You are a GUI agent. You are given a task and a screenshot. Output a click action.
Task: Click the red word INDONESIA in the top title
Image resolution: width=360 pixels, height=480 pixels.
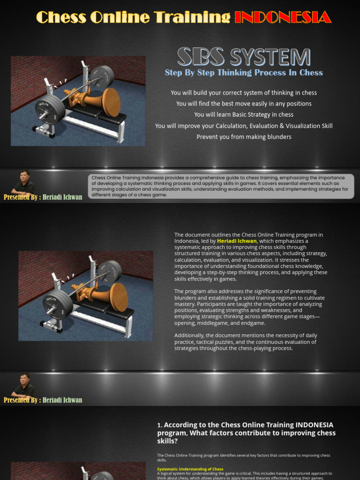coord(283,17)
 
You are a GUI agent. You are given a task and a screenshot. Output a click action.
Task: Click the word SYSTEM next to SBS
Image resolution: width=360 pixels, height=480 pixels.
coord(270,57)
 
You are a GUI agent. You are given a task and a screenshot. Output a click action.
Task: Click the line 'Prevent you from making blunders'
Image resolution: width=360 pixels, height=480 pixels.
coord(244,137)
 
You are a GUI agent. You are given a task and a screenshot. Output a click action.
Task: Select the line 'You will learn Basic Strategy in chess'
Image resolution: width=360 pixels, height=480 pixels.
coord(244,115)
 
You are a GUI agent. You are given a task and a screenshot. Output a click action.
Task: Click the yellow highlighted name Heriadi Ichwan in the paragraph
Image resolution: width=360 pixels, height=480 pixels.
coord(237,241)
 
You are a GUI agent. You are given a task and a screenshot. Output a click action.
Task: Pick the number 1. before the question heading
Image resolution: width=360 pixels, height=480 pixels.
coord(160,426)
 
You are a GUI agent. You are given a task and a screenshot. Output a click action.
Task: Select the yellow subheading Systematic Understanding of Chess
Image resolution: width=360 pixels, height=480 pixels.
coord(190,469)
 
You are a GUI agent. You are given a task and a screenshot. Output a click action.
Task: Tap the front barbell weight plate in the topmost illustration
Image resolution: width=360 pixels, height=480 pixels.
coord(50,110)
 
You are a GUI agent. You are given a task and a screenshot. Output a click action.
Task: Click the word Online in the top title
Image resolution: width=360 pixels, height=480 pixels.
coord(120,17)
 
